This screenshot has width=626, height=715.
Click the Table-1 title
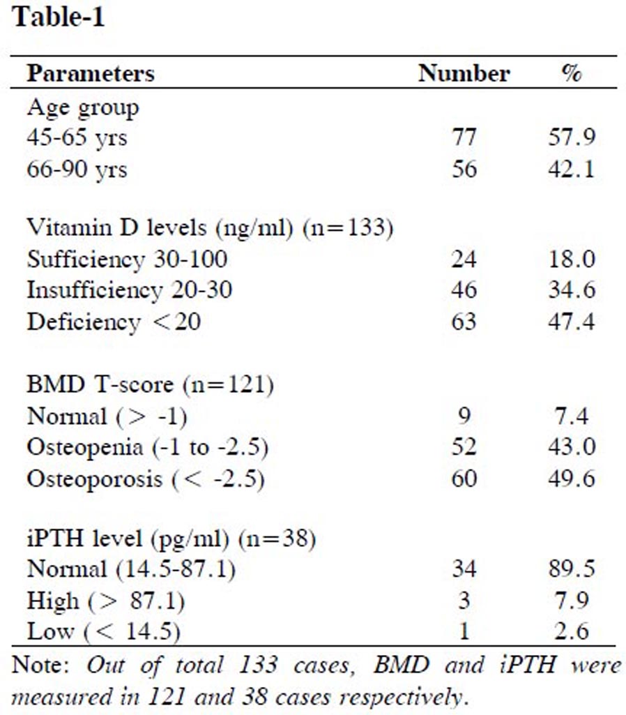58,17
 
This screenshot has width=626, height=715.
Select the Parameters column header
91,73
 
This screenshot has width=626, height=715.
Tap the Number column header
464,73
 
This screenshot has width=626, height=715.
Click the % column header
572,73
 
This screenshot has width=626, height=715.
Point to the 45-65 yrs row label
77,137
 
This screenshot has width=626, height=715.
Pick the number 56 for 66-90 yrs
464,169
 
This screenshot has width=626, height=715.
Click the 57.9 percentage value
572,137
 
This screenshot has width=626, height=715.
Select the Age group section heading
82,107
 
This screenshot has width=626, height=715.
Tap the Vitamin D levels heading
210,229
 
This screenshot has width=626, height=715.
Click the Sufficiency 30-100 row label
127,259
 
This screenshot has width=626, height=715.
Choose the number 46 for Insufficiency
464,290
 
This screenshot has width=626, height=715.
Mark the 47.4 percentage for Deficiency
572,322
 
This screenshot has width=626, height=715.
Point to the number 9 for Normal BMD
464,416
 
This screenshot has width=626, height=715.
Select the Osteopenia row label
147,447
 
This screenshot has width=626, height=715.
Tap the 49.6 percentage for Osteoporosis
572,479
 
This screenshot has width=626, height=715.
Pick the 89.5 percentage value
572,569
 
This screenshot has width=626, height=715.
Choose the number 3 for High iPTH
464,600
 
